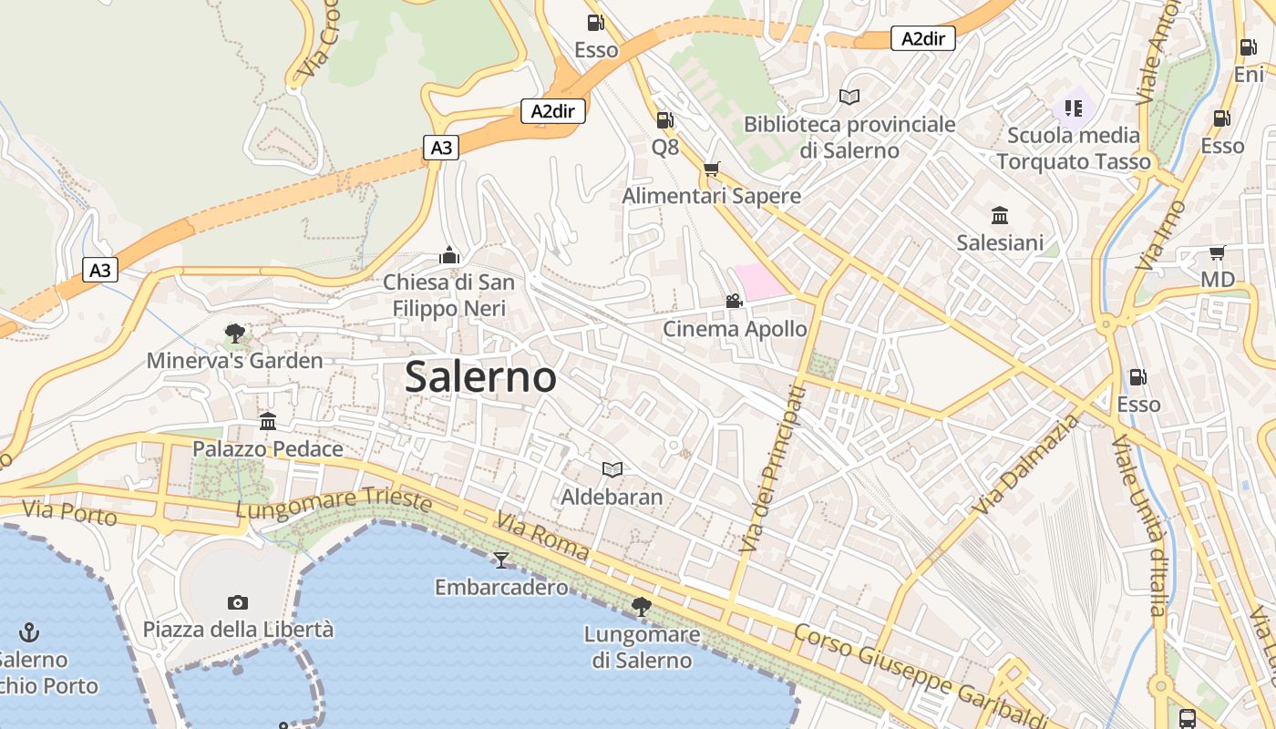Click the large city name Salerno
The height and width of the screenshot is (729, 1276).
[480, 376]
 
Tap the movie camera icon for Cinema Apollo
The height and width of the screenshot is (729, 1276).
[734, 301]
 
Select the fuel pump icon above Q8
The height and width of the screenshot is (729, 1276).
[664, 119]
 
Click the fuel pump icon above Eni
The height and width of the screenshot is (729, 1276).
[1248, 47]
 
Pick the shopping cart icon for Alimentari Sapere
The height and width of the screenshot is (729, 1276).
[712, 169]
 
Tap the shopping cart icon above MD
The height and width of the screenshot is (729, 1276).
[1217, 252]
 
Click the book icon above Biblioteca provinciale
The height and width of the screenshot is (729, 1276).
[849, 97]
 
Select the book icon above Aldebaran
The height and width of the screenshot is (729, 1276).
[612, 469]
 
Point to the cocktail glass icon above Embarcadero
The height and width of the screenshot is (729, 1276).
[500, 560]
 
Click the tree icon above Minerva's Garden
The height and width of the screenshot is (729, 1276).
[235, 333]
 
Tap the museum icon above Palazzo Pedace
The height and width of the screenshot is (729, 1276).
[267, 421]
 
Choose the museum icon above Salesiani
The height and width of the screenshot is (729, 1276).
[1000, 215]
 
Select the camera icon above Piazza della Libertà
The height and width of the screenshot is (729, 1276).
[238, 602]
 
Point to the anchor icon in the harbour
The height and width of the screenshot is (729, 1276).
[29, 631]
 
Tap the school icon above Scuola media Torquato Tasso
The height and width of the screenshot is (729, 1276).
[1073, 108]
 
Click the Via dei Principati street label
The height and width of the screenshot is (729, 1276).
[773, 469]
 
